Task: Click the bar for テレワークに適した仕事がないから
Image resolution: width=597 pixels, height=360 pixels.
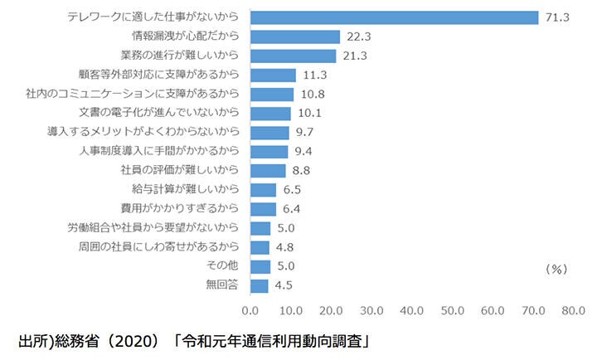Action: pos(394,17)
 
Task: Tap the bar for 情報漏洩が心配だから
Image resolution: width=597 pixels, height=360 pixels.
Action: pos(294,36)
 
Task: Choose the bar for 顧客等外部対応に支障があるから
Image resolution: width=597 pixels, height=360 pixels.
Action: pos(272,75)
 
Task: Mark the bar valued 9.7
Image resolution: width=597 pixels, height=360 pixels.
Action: pos(269,132)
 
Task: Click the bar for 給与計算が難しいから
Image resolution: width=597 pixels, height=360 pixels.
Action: pos(262,190)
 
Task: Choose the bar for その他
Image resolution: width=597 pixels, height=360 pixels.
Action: pos(260,266)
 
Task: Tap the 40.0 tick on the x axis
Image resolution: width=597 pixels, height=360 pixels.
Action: pos(411,311)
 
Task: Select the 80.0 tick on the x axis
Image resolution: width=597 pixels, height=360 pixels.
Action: pos(572,311)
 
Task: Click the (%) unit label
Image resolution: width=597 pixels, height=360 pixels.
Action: pos(556,269)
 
